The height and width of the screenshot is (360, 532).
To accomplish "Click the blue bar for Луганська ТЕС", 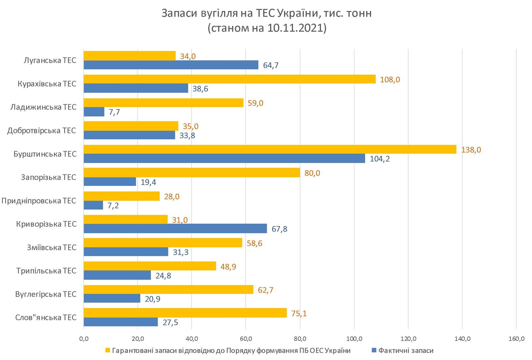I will pos(171,65).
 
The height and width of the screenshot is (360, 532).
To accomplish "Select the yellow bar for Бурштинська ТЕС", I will pos(270,149).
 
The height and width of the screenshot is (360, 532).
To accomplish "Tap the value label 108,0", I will pos(390,80).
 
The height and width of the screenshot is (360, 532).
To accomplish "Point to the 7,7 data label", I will pos(114,112).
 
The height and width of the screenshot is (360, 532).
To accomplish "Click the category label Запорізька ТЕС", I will pos(49,177).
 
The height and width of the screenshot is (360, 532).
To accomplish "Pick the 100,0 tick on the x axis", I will pos(354,339).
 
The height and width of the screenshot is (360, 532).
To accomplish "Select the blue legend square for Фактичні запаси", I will pos(374,350).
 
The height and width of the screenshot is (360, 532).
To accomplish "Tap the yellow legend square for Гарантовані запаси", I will pos(107,350).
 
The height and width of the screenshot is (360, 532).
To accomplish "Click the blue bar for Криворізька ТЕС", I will pos(175,228).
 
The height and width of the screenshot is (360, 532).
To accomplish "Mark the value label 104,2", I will pos(379,159).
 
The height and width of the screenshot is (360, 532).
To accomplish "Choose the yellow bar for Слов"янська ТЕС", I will pos(185,313).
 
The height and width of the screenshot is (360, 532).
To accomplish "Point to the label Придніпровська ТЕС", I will pos(39,201).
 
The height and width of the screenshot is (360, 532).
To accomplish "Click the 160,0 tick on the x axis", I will pos(516,339).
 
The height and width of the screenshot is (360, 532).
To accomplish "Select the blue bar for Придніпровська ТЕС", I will pos(93,205).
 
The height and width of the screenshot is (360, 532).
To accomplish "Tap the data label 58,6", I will pos(254,244).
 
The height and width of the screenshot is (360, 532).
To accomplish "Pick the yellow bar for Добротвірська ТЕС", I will pos(131,126).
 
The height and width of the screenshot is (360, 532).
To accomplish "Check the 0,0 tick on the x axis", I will pos(84,339).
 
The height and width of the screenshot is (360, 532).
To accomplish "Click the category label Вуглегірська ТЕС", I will pos(46,294).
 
